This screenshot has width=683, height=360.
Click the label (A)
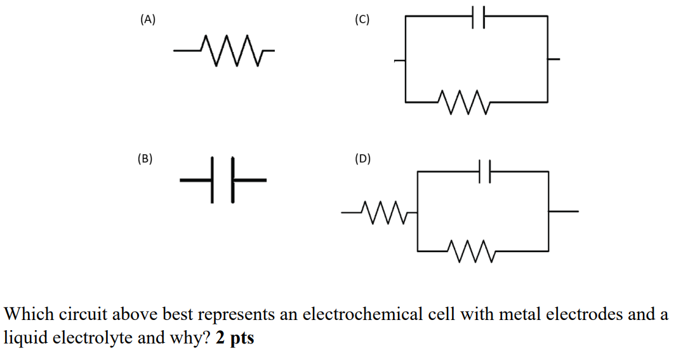[x=147, y=20]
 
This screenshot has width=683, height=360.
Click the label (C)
[x=362, y=20]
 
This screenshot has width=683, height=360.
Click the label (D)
[x=362, y=159]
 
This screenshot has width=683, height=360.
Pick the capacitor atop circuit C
[x=477, y=17]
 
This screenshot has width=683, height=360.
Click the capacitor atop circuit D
[x=486, y=171]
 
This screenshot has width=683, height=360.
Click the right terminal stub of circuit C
[x=554, y=60]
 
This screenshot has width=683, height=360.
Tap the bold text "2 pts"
[x=235, y=338]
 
